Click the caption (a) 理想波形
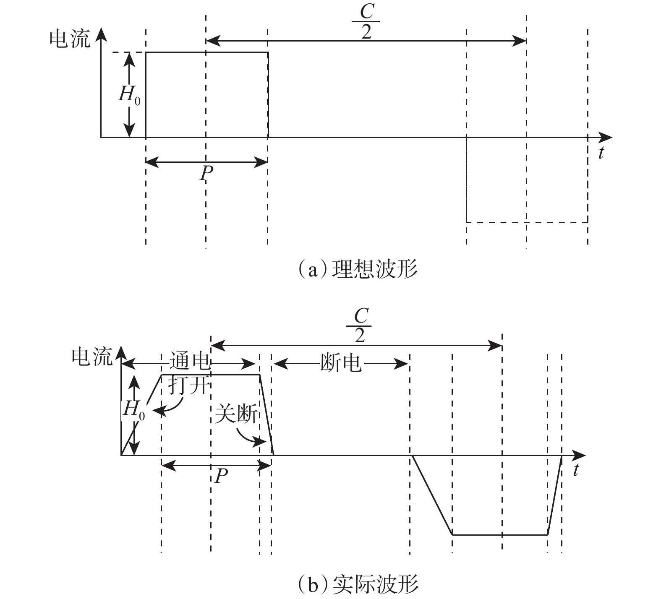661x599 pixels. click(357, 269)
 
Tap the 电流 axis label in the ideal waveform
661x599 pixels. click(70, 39)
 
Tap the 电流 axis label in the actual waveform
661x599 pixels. click(92, 357)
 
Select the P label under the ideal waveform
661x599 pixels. click(206, 173)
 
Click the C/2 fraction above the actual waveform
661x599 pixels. click(360, 326)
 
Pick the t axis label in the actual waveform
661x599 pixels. click(576, 470)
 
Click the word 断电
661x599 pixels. click(340, 362)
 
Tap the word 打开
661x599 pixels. click(188, 385)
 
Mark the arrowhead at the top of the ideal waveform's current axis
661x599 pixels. click(101, 32)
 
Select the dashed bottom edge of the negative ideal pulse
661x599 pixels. click(527, 222)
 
